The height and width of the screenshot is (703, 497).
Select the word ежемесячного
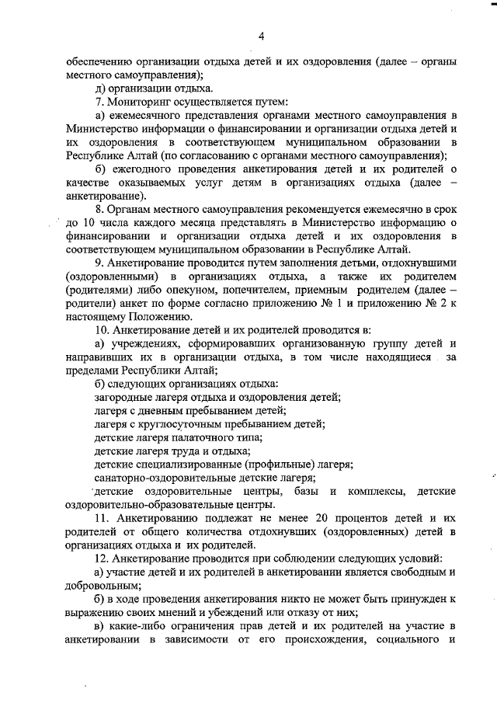(144, 115)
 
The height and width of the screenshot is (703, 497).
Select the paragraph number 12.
(101, 559)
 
